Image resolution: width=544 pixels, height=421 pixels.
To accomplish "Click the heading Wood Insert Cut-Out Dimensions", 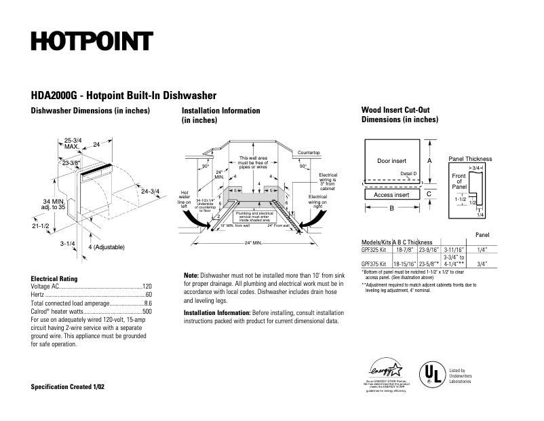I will [400, 114].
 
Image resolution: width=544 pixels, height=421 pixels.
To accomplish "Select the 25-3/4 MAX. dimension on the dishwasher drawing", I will [73, 143].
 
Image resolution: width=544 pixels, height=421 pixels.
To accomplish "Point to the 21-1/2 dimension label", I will [41, 225].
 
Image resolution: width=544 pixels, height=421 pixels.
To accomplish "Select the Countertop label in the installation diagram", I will [309, 153].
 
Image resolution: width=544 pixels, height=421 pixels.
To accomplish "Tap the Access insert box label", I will [391, 195].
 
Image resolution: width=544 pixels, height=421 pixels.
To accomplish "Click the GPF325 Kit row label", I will [374, 249].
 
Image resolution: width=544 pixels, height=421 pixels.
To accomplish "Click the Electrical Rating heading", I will [54, 278].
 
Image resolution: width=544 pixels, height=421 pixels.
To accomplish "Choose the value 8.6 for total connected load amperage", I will [147, 303].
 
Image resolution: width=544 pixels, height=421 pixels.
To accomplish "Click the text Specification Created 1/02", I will [68, 386].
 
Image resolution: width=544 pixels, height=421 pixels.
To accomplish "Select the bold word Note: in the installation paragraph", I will [191, 275].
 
